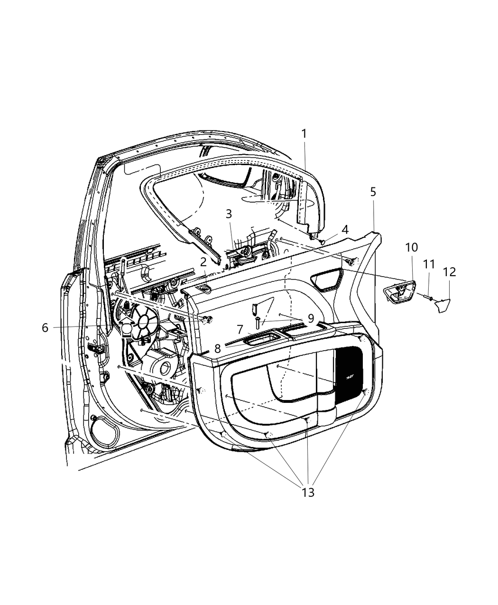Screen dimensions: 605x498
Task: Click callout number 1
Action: pos(304,134)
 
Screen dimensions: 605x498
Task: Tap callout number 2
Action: pos(203,261)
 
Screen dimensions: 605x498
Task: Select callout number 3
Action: pos(229,214)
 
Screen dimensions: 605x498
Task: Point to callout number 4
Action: pos(345,229)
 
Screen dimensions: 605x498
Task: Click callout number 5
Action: pos(373,192)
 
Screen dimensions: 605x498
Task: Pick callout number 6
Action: pos(45,327)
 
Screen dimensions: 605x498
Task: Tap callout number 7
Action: pos(240,329)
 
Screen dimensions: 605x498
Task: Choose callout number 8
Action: pos(217,348)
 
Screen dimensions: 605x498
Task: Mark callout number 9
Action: pos(311,318)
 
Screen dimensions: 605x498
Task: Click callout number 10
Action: pos(411,247)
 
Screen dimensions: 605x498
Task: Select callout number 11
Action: pos(429,264)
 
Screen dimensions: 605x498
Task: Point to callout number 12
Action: pos(449,272)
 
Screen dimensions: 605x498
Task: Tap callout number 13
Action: pos(308,493)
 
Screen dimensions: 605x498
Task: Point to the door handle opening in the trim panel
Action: pos(327,278)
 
